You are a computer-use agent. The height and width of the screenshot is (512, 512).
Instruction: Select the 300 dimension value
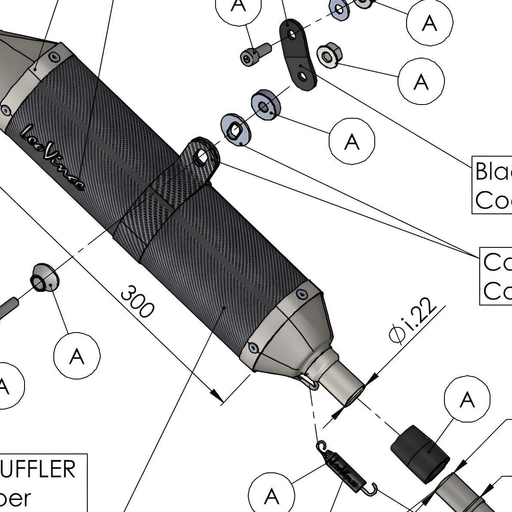coord(137,301)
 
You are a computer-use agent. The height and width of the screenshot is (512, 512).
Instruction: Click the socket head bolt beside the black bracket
coord(254,54)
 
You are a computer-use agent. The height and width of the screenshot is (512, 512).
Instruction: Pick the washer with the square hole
coord(235,129)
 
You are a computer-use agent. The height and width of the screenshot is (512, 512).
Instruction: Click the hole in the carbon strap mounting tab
coord(202,157)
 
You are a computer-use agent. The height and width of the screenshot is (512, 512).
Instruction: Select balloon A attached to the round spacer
coord(352,141)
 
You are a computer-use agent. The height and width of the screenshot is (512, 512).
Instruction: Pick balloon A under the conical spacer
coord(77,355)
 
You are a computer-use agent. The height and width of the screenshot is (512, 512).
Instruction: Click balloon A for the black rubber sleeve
coord(467,400)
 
